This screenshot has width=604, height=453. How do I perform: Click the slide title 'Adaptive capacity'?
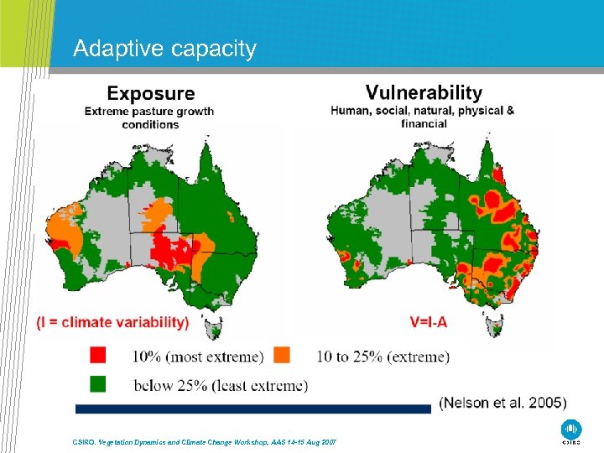click(164, 49)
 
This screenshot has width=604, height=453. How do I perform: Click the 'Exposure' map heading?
click(150, 94)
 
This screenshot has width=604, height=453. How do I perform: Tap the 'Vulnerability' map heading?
click(424, 92)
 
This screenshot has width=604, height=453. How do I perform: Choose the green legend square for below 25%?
click(99, 385)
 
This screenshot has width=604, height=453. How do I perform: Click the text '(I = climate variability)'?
click(113, 322)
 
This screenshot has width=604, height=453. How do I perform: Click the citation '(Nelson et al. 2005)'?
click(502, 403)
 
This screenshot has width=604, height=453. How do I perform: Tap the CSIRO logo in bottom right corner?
click(570, 430)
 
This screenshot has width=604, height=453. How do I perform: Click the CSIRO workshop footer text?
click(200, 441)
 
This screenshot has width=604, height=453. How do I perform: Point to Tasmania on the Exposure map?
click(215, 323)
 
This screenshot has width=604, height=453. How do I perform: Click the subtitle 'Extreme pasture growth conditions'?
click(148, 117)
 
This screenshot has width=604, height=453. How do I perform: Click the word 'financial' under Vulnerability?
click(424, 123)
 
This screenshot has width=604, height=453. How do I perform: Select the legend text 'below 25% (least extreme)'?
click(220, 386)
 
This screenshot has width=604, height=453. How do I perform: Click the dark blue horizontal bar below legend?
click(252, 409)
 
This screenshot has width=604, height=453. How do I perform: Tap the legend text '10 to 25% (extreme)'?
click(383, 357)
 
